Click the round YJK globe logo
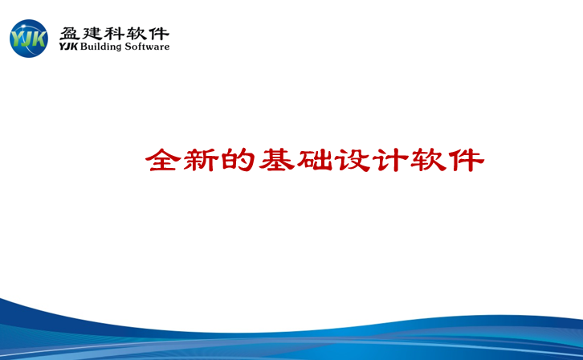click(x=29, y=39)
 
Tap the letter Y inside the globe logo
click(x=17, y=39)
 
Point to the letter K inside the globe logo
click(x=40, y=39)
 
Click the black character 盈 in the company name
click(x=70, y=34)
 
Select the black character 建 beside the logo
click(x=92, y=34)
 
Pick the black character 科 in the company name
click(x=114, y=34)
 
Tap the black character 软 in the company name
click(x=137, y=34)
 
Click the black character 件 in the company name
click(x=159, y=34)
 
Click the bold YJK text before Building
click(x=68, y=47)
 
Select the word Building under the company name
click(x=100, y=47)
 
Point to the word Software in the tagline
click(x=147, y=47)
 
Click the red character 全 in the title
click(x=163, y=160)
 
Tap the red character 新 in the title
click(x=201, y=160)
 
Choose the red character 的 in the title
click(x=238, y=160)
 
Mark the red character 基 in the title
click(x=276, y=160)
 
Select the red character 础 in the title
click(x=315, y=160)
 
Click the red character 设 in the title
click(x=353, y=160)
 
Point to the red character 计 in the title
click(x=390, y=160)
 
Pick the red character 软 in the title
click(x=428, y=160)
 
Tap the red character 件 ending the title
click(x=467, y=160)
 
